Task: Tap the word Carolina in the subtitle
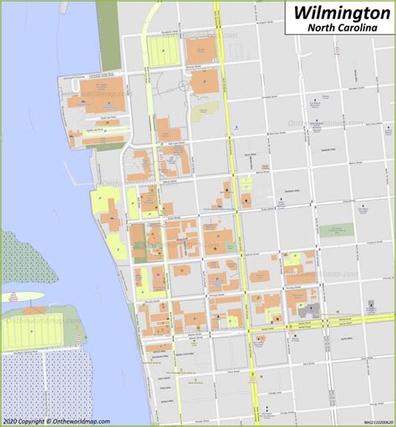click(x=363, y=28)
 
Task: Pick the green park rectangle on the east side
click(x=336, y=230)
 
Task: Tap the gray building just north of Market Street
click(x=312, y=310)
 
